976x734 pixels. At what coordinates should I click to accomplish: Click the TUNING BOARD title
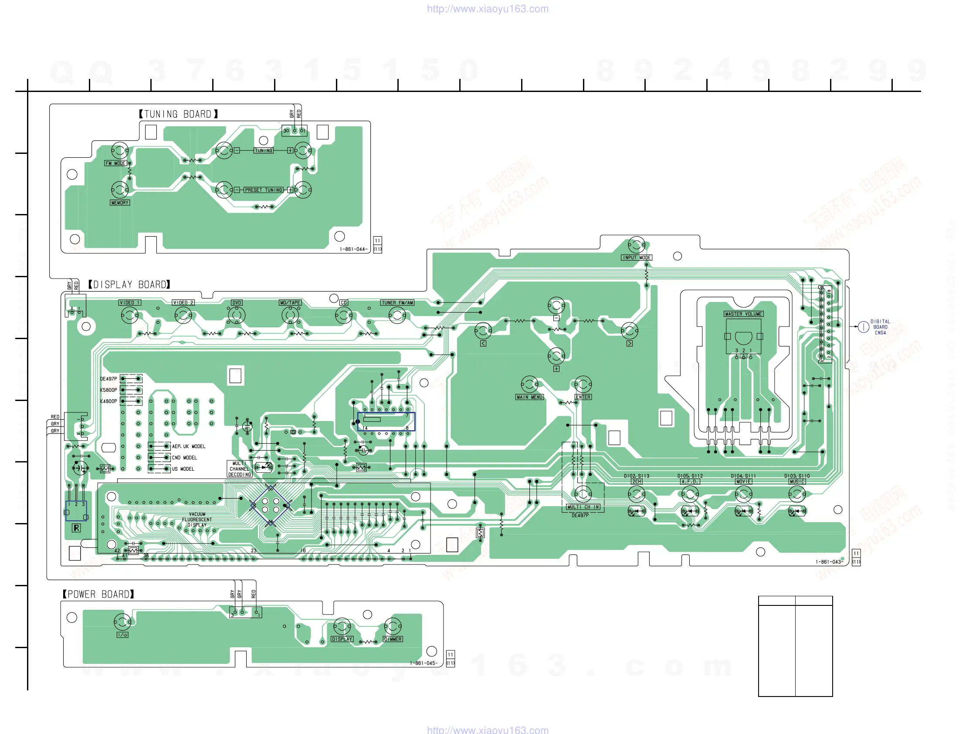pyautogui.click(x=178, y=114)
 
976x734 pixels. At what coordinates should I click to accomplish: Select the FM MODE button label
pyautogui.click(x=115, y=163)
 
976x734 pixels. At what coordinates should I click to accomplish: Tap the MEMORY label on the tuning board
pyautogui.click(x=119, y=203)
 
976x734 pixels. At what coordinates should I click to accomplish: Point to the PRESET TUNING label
pyautogui.click(x=264, y=190)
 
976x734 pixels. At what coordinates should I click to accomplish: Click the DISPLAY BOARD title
pyautogui.click(x=129, y=285)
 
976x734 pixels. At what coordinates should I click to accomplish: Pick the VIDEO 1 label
pyautogui.click(x=130, y=303)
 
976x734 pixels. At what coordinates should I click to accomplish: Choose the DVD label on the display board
pyautogui.click(x=237, y=303)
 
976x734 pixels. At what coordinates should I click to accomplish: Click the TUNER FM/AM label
pyautogui.click(x=397, y=303)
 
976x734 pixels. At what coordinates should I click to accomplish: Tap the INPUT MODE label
pyautogui.click(x=636, y=258)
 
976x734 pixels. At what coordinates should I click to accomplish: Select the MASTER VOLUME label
pyautogui.click(x=743, y=314)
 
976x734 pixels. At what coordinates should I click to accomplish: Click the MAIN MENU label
pyautogui.click(x=529, y=397)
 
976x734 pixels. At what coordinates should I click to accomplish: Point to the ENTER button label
pyautogui.click(x=583, y=397)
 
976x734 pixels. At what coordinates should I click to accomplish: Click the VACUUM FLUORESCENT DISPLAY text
pyautogui.click(x=197, y=520)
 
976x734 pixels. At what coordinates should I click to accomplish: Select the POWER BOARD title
pyautogui.click(x=98, y=594)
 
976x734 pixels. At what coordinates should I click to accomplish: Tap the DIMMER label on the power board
pyautogui.click(x=392, y=639)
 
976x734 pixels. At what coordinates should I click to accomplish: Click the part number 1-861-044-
pyautogui.click(x=353, y=249)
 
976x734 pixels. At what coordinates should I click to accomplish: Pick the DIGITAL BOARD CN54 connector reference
pyautogui.click(x=880, y=327)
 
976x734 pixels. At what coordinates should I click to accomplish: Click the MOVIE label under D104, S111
pyautogui.click(x=743, y=482)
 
